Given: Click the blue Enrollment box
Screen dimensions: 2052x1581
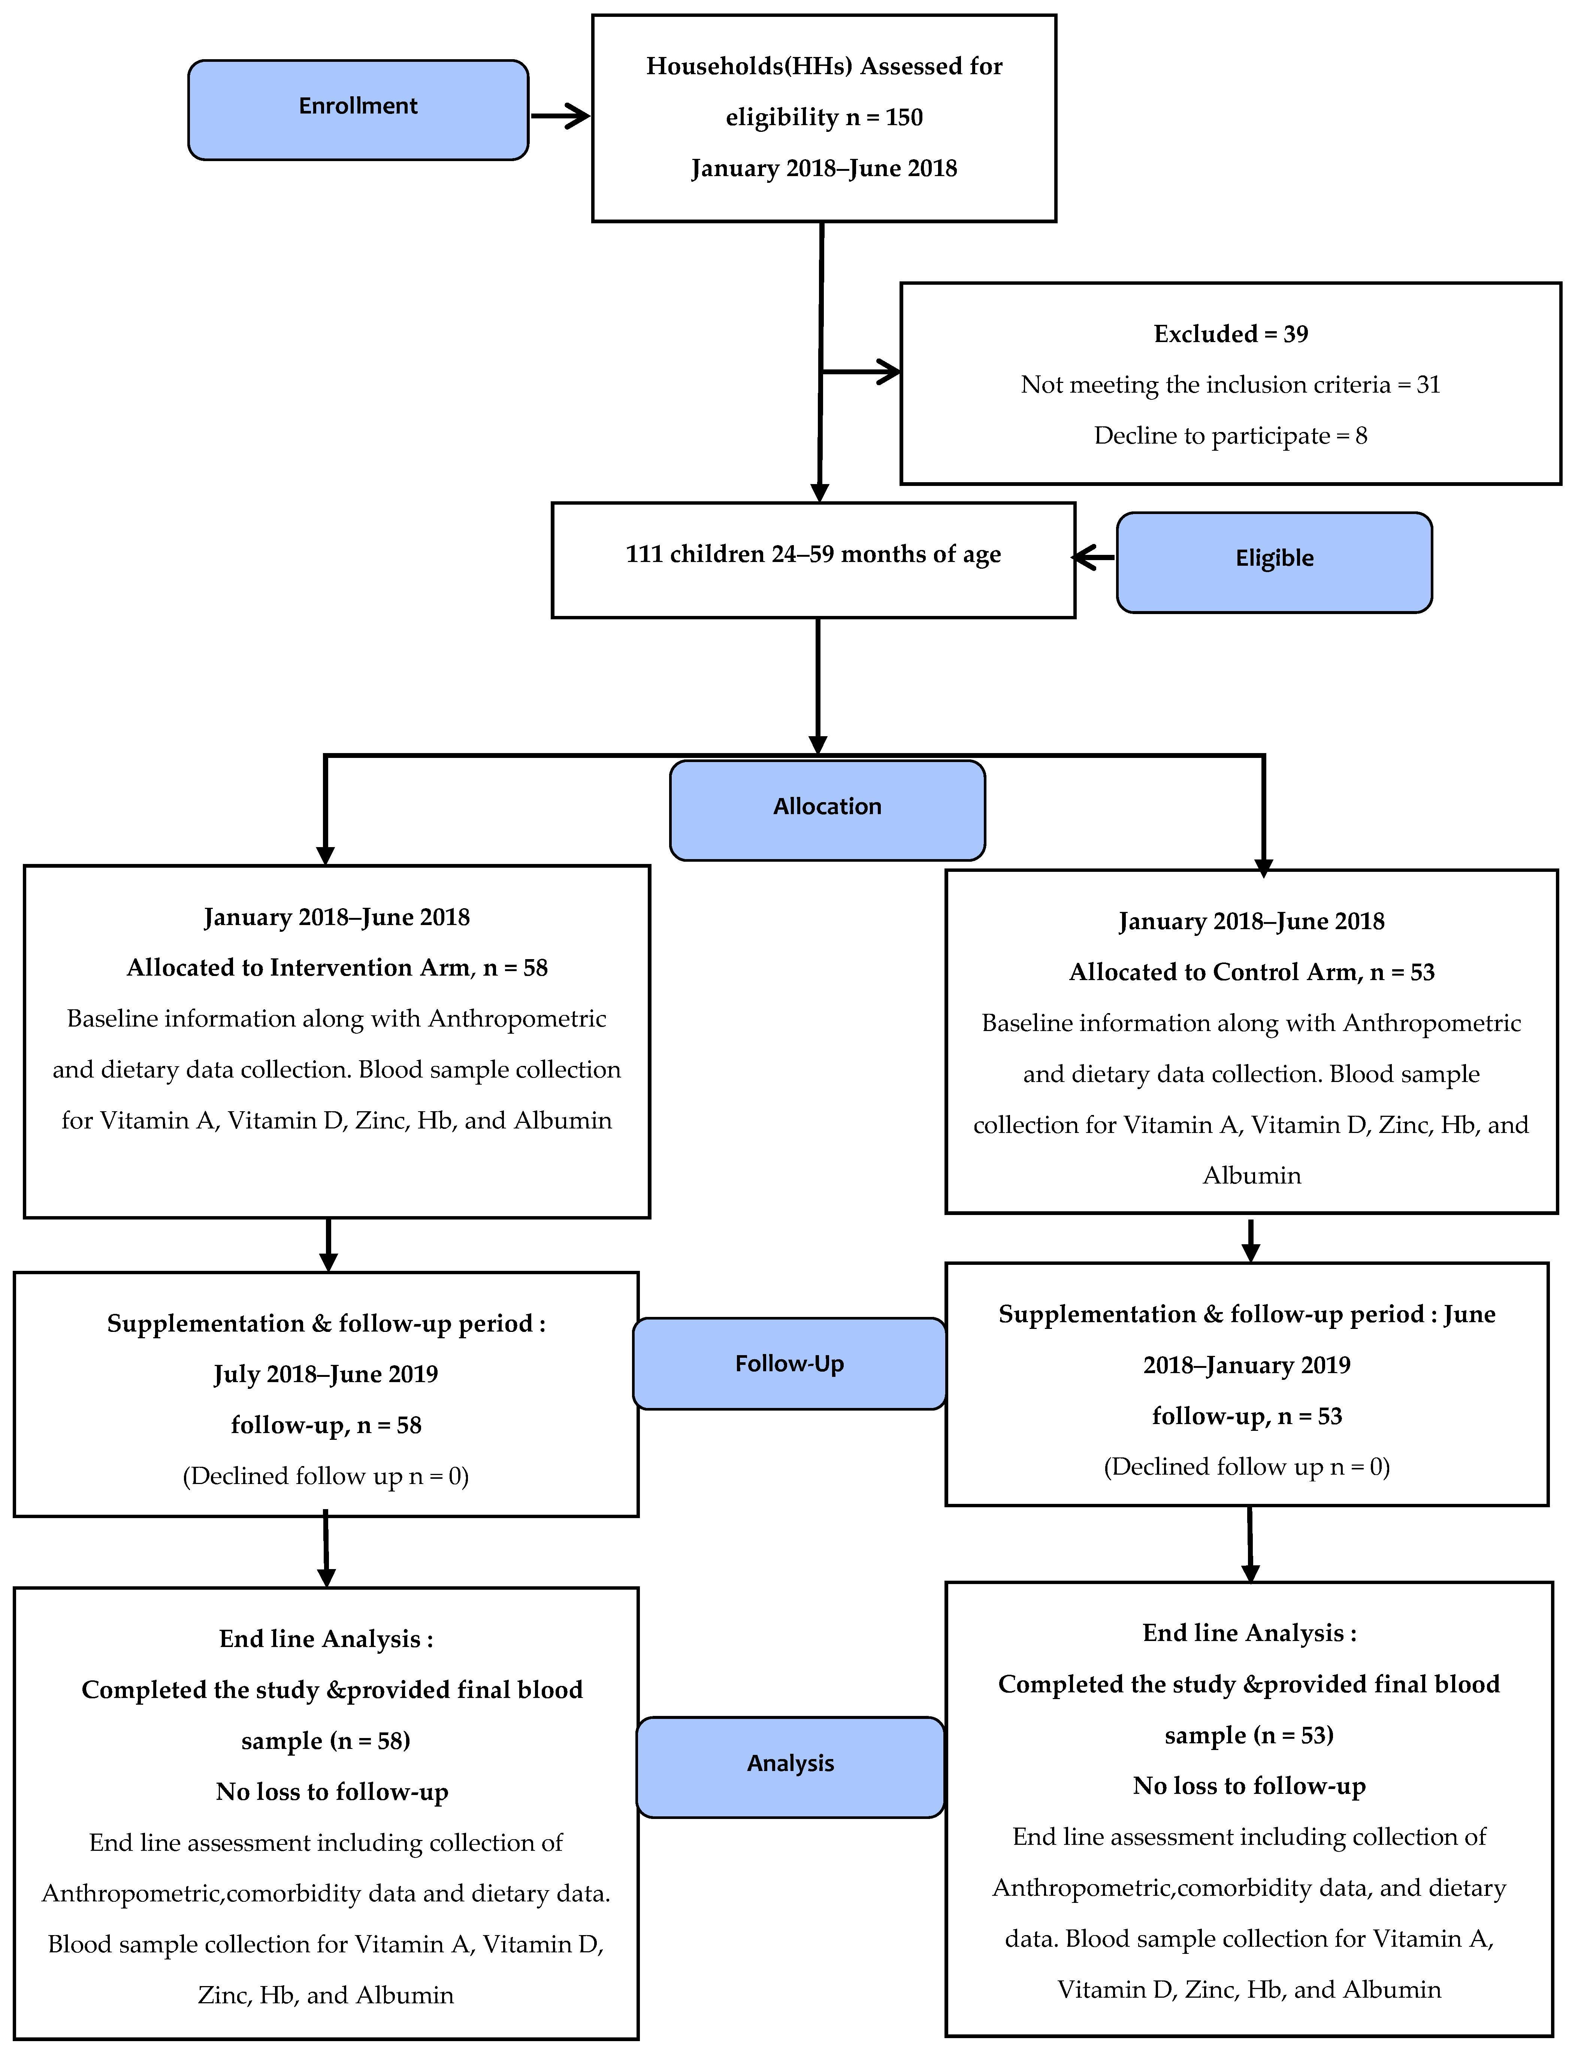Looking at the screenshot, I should pos(358,110).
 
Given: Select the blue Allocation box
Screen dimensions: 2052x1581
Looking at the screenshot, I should pos(827,810).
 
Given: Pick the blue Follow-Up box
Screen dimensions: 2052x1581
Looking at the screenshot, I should pos(789,1363).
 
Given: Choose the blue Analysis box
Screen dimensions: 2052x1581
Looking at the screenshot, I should pos(790,1767).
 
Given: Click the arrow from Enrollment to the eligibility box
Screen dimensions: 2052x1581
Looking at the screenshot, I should pos(561,117).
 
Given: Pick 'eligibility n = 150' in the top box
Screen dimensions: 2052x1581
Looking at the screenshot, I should pos(824,117).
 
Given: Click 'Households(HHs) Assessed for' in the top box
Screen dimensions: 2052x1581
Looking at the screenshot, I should pos(824,67).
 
